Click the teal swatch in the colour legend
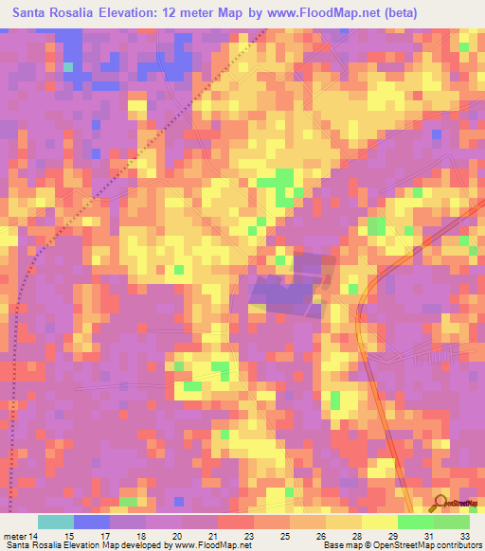[x=56, y=522]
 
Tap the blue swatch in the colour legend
[x=92, y=522]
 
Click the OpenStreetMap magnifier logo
[x=439, y=503]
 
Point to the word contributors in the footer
[x=458, y=545]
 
